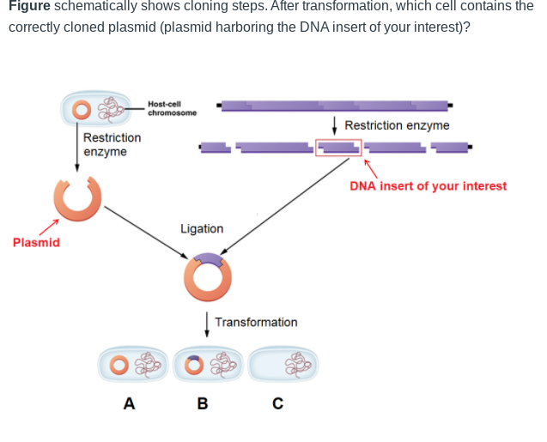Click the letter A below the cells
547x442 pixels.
click(129, 403)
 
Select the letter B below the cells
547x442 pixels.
click(203, 403)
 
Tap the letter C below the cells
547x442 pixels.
click(277, 403)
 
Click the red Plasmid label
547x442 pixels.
click(36, 243)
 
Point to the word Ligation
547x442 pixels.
click(202, 229)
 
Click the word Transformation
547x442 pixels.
click(256, 323)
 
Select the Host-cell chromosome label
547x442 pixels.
click(172, 108)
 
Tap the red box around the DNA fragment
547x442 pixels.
click(338, 148)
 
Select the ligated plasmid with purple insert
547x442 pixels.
click(207, 276)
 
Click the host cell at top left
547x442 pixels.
click(95, 109)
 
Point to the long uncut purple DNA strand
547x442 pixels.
click(335, 106)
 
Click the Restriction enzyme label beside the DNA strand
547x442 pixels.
click(397, 126)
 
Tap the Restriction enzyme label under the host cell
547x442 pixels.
click(112, 145)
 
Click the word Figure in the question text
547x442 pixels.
click(28, 6)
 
